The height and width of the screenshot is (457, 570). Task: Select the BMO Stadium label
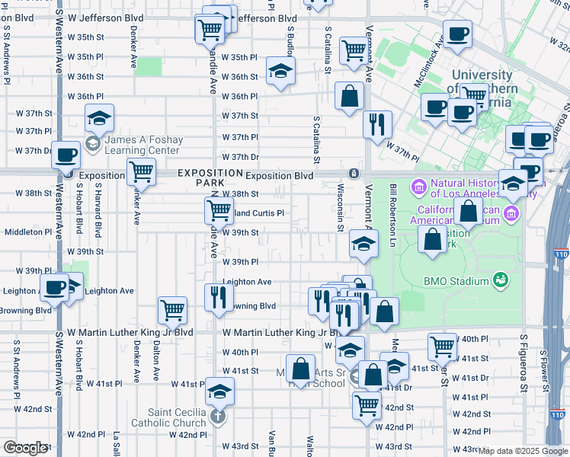(x=456, y=280)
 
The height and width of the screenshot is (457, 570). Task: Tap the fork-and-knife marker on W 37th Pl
(x=377, y=124)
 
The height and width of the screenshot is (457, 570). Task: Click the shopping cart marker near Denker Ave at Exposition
(x=142, y=171)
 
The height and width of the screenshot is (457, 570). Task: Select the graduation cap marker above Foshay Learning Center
(x=99, y=118)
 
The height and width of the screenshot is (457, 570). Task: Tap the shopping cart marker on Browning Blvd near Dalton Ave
(x=173, y=309)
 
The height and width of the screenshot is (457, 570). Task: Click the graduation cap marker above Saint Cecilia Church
(x=219, y=390)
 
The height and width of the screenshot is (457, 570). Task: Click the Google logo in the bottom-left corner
(x=26, y=448)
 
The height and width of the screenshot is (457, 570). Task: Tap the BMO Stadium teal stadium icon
(x=500, y=280)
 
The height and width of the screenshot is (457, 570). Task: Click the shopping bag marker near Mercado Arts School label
(x=301, y=369)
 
